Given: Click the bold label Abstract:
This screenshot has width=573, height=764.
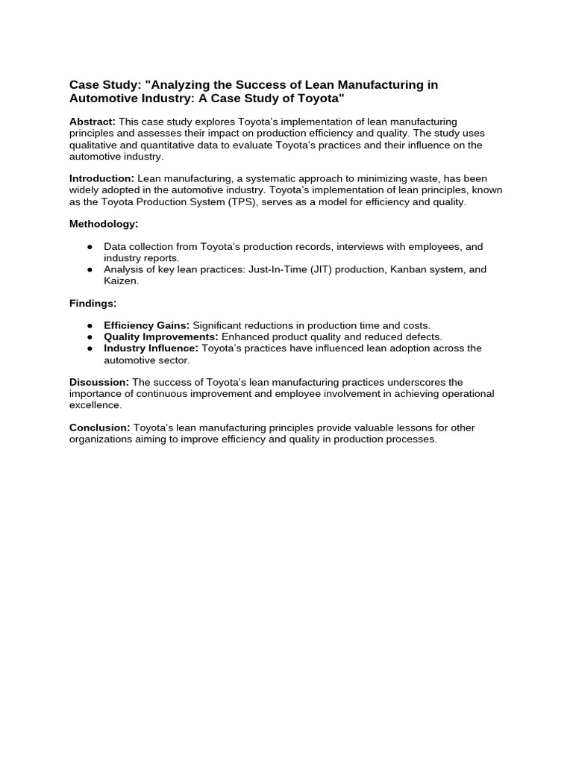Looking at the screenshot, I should [x=93, y=122].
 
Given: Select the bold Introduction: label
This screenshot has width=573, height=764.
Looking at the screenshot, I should [x=101, y=179].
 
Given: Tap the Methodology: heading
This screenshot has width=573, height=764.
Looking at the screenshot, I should [x=104, y=224].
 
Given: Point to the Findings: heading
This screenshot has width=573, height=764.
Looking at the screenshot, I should [x=93, y=303].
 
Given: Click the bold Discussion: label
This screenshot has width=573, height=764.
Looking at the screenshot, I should [x=99, y=383].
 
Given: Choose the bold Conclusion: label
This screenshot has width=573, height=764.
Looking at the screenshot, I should [x=100, y=428].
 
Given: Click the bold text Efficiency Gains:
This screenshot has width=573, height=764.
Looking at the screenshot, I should [x=146, y=326].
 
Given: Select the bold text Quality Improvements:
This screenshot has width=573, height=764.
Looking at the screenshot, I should [x=161, y=337].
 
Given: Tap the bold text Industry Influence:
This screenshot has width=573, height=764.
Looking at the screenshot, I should [x=151, y=348].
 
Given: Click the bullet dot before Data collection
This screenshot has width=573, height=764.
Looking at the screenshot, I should [x=90, y=247].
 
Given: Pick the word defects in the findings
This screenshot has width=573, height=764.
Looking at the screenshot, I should [x=422, y=337].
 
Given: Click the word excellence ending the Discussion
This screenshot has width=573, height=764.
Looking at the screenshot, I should [x=95, y=405].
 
